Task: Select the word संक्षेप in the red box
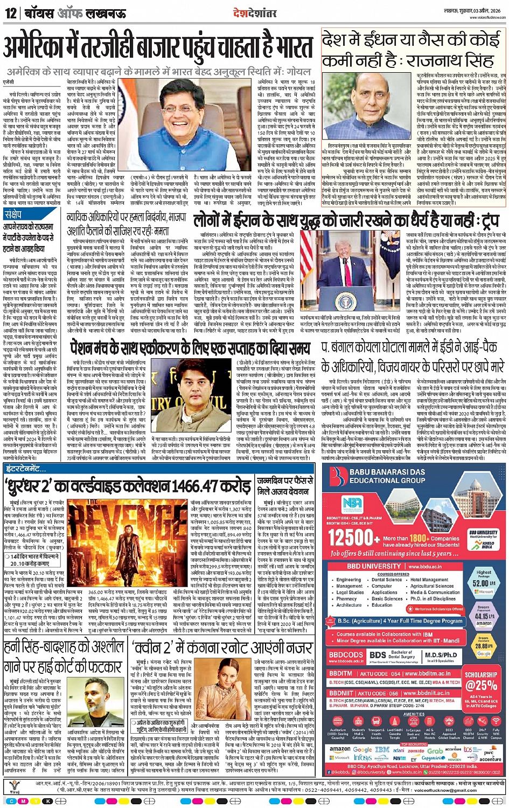(x=15, y=214)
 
